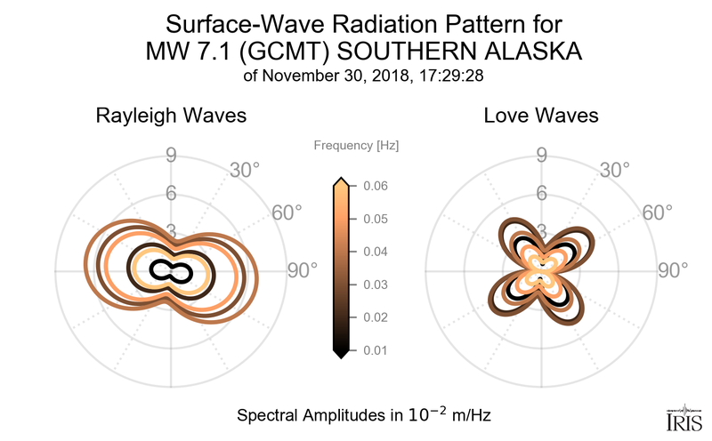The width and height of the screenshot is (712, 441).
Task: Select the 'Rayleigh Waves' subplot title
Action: point(171,116)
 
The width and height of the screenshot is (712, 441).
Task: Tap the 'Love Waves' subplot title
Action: point(541,116)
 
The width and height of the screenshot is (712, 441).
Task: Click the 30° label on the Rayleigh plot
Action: point(244,169)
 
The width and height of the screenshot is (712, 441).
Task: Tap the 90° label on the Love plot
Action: point(674,271)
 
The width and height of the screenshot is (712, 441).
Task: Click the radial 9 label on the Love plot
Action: point(541,157)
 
